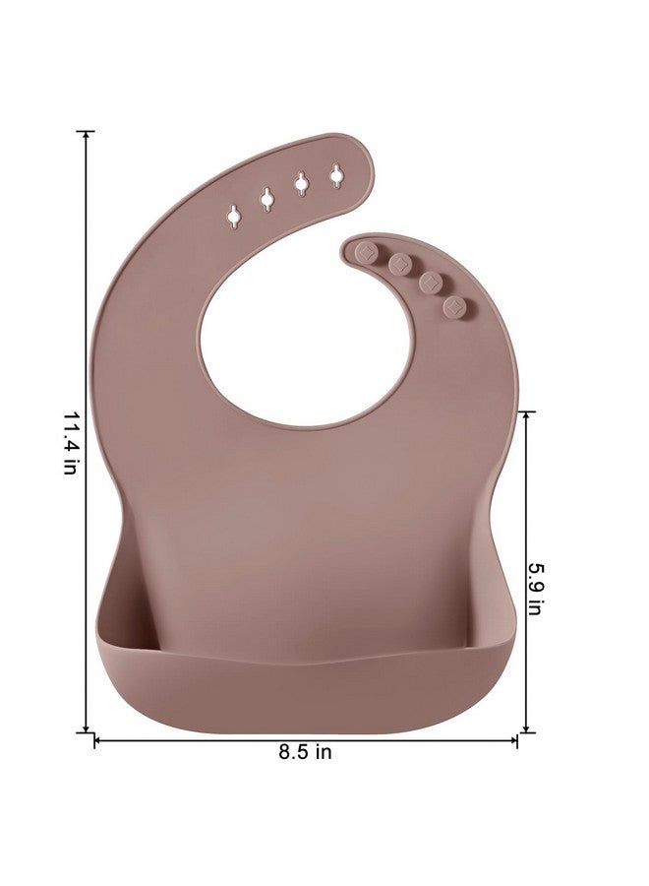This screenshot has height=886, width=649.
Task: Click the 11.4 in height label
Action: click(70, 445)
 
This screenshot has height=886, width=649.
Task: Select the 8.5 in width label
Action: click(304, 753)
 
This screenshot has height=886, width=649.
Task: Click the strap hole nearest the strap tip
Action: click(336, 175)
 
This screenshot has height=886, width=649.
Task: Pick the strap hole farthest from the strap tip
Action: click(233, 215)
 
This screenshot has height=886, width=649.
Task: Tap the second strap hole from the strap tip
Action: click(301, 183)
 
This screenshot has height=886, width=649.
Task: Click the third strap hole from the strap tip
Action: click(266, 198)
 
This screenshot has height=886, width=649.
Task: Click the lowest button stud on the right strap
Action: click(453, 307)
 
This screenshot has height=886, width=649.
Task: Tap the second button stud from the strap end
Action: click(398, 264)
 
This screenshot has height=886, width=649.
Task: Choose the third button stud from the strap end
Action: click(430, 283)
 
